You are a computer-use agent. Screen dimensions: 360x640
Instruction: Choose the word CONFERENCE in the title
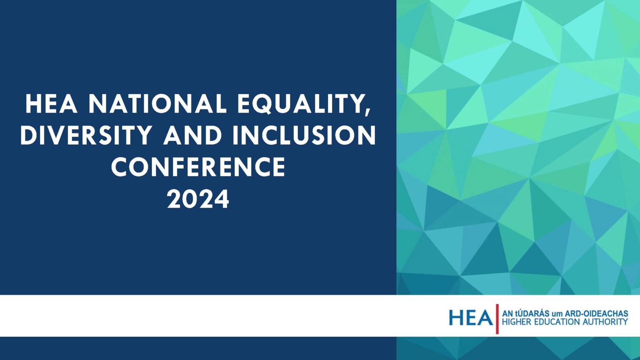pos(198,167)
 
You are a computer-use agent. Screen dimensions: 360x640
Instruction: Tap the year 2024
pos(198,199)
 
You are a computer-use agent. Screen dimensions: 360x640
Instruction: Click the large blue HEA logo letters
pos(470,318)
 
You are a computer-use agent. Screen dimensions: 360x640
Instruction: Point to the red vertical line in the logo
pos(497,319)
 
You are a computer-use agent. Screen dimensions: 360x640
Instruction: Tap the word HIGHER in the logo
pos(515,322)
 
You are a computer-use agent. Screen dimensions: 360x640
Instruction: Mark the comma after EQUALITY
pos(367,112)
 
